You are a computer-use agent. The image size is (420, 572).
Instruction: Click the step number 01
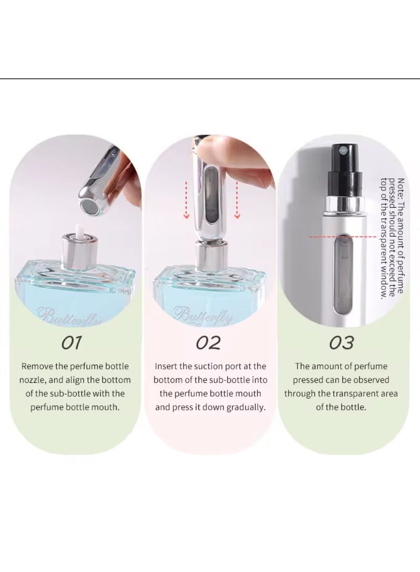click(x=72, y=343)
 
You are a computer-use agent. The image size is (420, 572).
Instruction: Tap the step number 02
click(x=208, y=343)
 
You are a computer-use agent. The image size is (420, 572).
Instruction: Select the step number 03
click(x=341, y=343)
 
